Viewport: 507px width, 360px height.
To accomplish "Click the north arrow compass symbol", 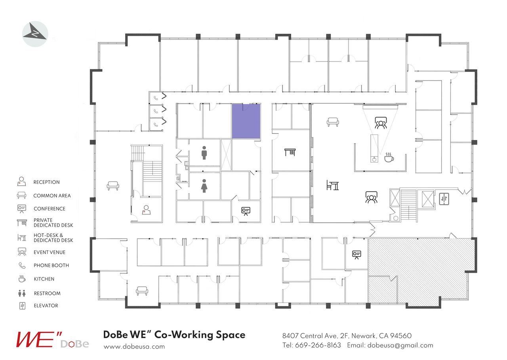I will [35, 34].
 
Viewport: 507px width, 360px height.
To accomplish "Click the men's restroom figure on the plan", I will [204, 153].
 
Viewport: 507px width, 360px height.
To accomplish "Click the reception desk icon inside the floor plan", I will [146, 210].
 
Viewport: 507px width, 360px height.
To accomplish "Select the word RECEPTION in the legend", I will [46, 182].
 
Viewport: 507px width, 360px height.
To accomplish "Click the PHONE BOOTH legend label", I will [51, 266].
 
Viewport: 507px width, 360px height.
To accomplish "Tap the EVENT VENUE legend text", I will [50, 252].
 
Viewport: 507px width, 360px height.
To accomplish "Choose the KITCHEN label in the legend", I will [44, 279].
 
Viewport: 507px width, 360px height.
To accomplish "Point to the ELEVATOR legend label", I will [46, 306].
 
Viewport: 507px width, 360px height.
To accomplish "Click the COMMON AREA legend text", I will [52, 196].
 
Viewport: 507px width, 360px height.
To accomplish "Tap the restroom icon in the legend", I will [22, 293].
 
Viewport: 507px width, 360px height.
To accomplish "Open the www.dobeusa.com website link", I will [134, 347].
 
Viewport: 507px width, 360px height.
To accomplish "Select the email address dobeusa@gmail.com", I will [400, 345].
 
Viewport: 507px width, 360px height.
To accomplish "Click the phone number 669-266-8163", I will [318, 345].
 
